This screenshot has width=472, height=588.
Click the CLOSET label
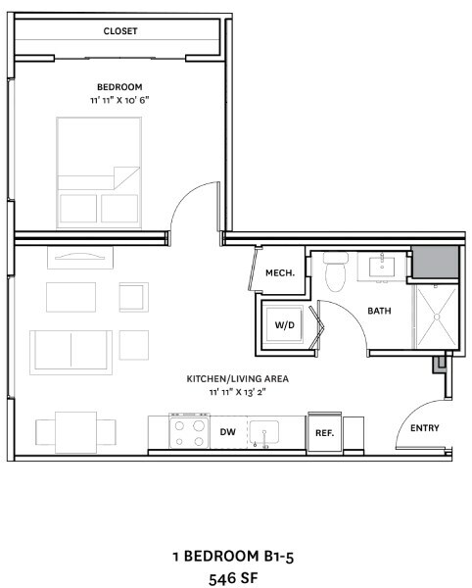120,31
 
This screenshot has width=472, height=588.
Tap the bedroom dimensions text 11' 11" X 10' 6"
119,100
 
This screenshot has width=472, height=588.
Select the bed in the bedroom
99,172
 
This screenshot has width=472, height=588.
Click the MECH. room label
280,273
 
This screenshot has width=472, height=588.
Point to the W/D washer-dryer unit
284,324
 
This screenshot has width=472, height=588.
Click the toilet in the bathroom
336,271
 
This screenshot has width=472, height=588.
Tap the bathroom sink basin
382,267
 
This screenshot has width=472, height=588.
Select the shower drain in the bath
437,317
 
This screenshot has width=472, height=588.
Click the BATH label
379,311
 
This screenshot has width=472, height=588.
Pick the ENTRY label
424,428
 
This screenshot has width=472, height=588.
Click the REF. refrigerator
324,433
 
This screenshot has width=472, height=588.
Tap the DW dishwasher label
228,432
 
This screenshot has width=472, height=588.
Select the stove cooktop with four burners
189,431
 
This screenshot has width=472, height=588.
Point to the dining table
76,432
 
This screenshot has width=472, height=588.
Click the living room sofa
71,352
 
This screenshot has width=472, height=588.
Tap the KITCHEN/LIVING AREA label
238,378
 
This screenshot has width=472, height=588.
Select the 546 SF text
233,578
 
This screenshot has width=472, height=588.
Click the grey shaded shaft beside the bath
436,262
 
